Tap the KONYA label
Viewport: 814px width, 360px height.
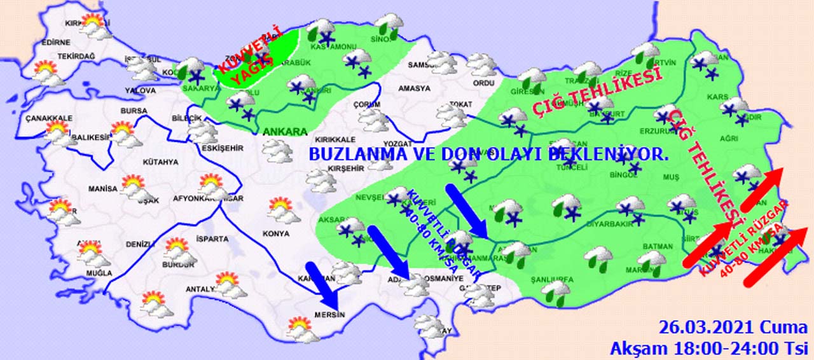[x=275, y=233]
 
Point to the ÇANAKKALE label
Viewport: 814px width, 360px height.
[x=49, y=118]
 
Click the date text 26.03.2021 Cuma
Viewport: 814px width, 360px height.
[x=730, y=328]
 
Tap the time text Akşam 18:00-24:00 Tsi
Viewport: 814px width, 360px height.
[x=708, y=348]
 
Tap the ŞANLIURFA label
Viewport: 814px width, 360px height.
[x=552, y=279]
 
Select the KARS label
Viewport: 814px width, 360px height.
[x=717, y=98]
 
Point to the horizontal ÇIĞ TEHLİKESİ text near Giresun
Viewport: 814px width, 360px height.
[x=594, y=95]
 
